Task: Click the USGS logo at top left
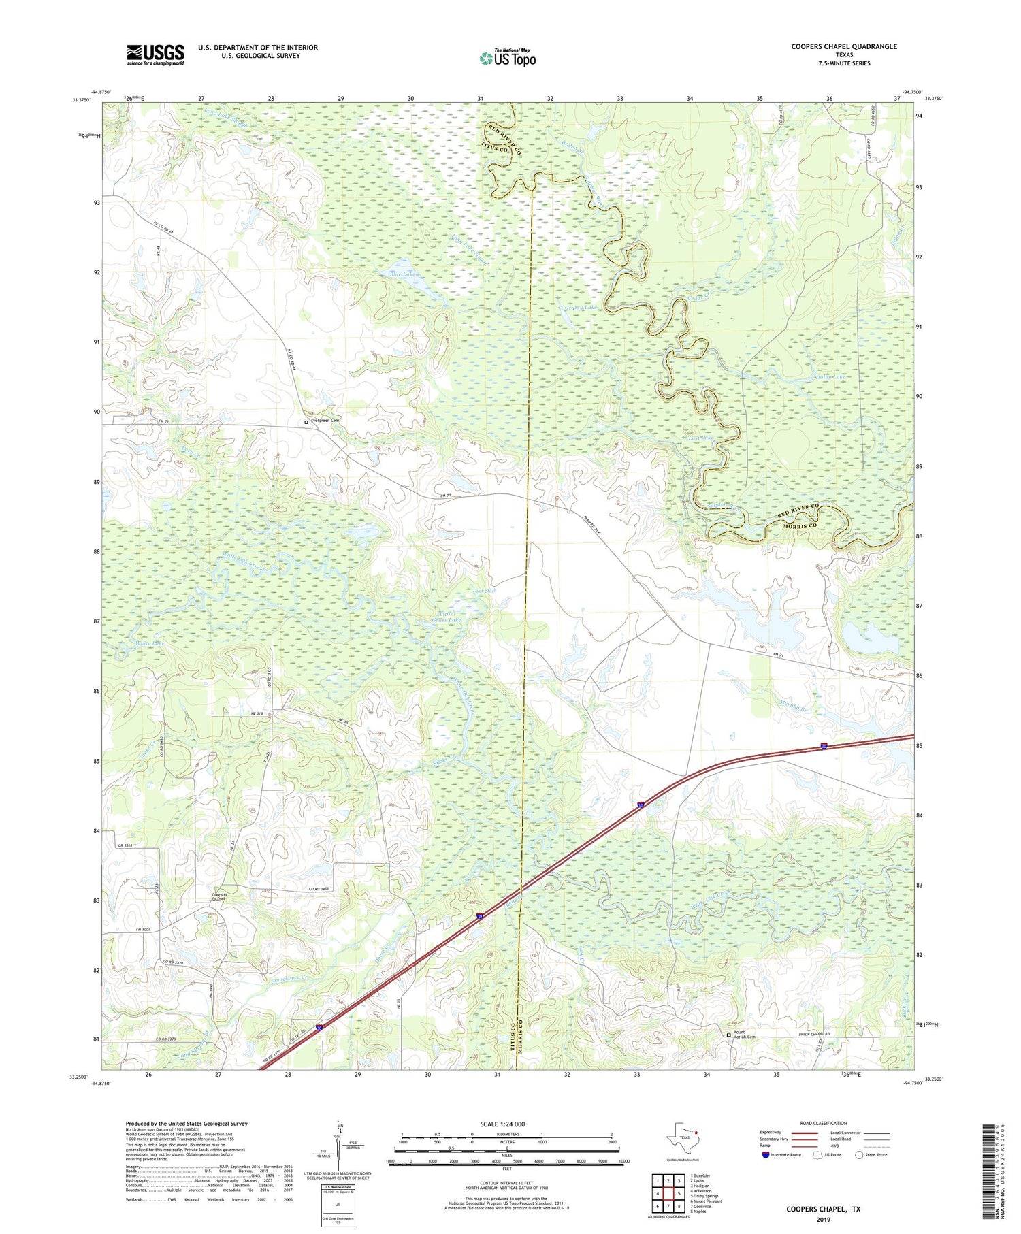155,54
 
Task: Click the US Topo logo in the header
507,59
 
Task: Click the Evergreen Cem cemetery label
325,421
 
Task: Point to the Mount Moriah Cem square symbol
728,1035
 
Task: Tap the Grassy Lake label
580,308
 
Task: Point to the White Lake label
149,643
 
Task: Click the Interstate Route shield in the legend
766,1155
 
